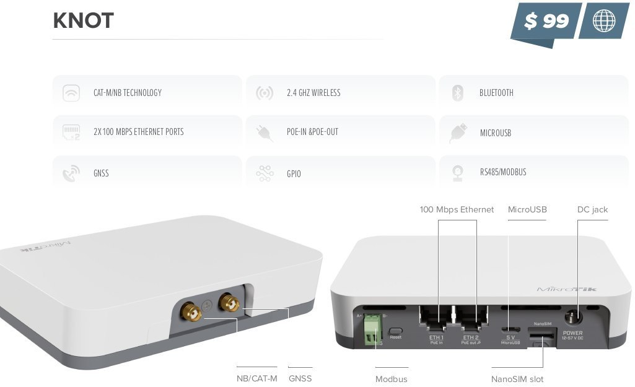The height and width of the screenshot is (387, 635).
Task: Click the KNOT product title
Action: (84, 21)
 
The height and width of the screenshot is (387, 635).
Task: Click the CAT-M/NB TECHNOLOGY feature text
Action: (127, 93)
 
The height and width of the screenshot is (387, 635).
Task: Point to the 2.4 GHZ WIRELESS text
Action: (313, 93)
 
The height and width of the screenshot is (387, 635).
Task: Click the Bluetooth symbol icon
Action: (458, 93)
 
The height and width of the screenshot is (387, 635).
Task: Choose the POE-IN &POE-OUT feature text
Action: (312, 132)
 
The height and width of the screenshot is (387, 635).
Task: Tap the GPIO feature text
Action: (294, 174)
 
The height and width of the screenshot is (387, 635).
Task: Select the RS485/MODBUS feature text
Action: (502, 172)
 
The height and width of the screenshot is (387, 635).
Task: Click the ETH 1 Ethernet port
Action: (436, 320)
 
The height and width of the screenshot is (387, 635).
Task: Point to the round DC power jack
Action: (571, 317)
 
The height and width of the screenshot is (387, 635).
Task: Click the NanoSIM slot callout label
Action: (517, 379)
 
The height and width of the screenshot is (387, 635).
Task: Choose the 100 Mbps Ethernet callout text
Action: (457, 210)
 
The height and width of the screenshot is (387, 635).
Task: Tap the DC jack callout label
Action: (592, 210)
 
